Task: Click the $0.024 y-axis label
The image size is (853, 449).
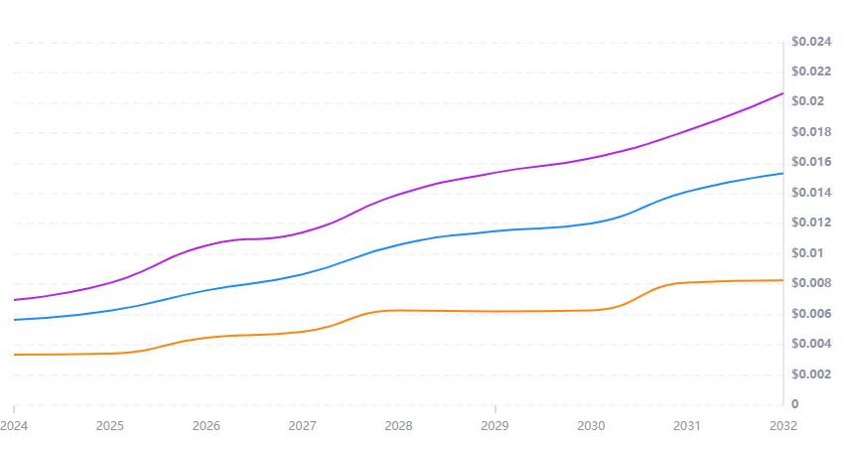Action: pyautogui.click(x=810, y=42)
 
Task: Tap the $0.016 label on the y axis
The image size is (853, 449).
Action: pyautogui.click(x=810, y=163)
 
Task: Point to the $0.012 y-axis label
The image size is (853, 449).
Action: pyautogui.click(x=810, y=224)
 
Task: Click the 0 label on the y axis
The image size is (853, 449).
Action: pyautogui.click(x=794, y=404)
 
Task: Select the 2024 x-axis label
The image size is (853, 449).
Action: pyautogui.click(x=15, y=426)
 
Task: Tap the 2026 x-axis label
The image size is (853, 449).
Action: pyautogui.click(x=207, y=426)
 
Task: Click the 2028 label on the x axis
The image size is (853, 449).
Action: pyautogui.click(x=398, y=426)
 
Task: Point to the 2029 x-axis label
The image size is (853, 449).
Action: pyautogui.click(x=495, y=426)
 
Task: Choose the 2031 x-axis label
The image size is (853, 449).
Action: pyautogui.click(x=687, y=426)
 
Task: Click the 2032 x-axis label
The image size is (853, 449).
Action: pyautogui.click(x=782, y=426)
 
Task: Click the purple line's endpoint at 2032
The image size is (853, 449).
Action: pyautogui.click(x=782, y=93)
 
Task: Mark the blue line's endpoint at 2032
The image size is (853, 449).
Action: pyautogui.click(x=782, y=174)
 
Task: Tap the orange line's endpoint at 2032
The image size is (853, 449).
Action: pyautogui.click(x=782, y=280)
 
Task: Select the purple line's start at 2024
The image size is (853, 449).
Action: pyautogui.click(x=15, y=299)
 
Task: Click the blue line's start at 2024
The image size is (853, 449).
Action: pyautogui.click(x=15, y=319)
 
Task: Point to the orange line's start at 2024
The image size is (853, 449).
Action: pyautogui.click(x=15, y=355)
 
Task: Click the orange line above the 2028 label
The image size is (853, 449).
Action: pyautogui.click(x=398, y=310)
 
